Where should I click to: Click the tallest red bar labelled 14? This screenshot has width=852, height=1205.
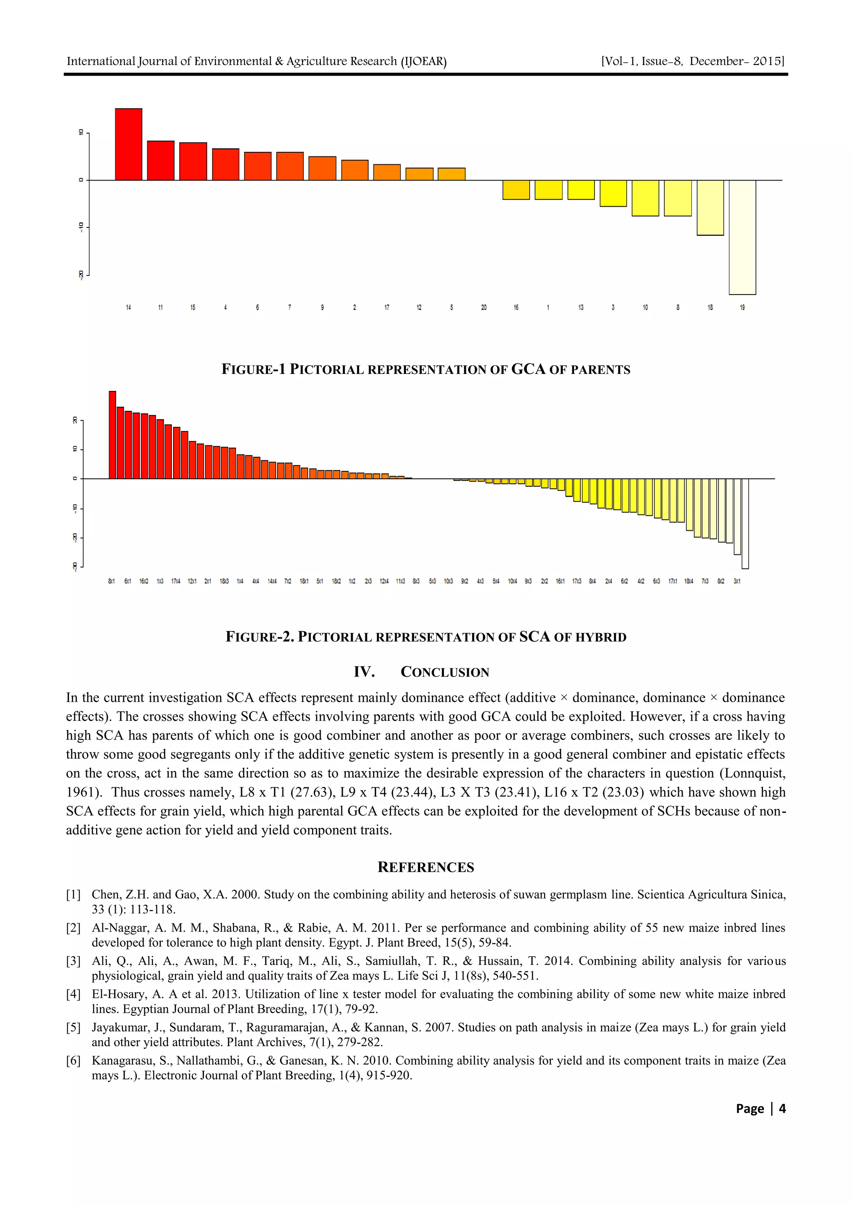[x=129, y=144]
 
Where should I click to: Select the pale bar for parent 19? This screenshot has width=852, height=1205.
[x=742, y=237]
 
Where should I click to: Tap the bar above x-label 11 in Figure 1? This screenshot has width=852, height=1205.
[x=161, y=160]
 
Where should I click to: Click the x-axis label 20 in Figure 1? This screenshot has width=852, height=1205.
[x=483, y=307]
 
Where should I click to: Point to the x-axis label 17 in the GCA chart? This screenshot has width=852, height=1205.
[x=386, y=307]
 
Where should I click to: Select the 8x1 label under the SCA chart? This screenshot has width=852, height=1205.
[x=111, y=581]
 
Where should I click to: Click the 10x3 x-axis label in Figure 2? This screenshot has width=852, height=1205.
[x=448, y=581]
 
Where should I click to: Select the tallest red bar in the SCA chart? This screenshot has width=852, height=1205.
[x=112, y=435]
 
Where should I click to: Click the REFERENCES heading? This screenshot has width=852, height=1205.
[x=425, y=867]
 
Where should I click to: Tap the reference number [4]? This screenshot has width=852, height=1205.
[x=74, y=994]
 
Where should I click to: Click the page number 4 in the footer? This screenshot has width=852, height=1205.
[x=782, y=1109]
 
